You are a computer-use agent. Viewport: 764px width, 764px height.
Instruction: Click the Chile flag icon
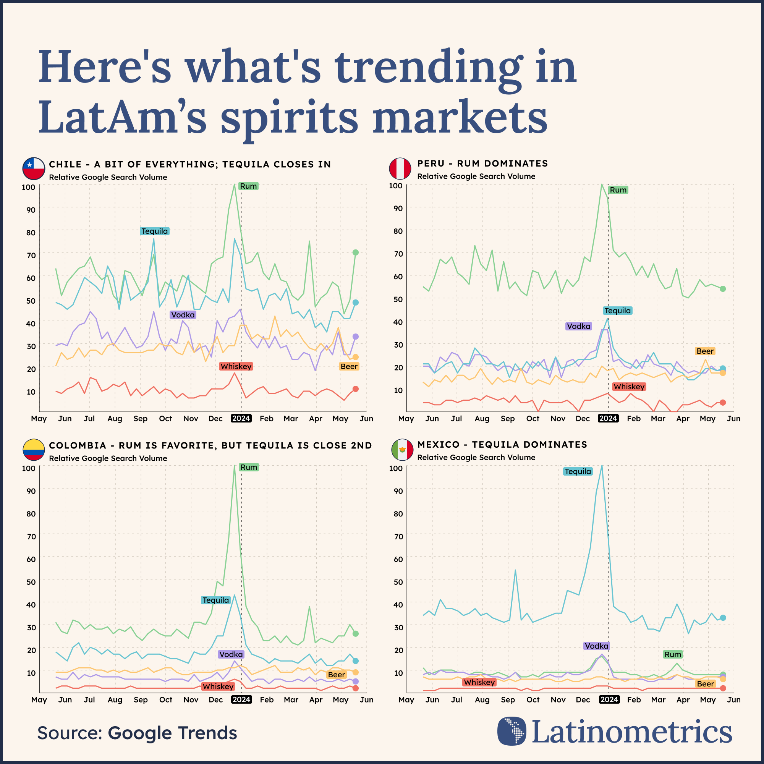tap(34, 168)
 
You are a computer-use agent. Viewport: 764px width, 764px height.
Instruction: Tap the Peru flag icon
tap(400, 168)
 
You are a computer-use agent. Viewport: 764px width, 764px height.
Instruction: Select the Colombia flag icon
tap(34, 450)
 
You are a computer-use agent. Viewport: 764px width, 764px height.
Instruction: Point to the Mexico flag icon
tap(402, 450)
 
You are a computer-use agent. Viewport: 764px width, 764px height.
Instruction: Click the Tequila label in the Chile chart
tap(155, 231)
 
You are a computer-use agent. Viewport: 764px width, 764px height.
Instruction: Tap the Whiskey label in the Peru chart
tap(629, 387)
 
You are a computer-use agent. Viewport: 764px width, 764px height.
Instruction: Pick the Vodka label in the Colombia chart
tap(231, 654)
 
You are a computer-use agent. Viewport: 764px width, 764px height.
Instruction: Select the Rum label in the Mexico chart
tap(673, 654)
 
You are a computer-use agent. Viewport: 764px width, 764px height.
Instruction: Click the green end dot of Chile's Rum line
tap(356, 252)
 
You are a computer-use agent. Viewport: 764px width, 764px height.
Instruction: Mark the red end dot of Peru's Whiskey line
tap(723, 403)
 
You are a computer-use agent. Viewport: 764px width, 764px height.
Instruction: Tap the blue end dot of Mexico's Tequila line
tap(723, 618)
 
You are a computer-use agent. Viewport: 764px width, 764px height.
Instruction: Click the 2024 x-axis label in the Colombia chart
tap(241, 699)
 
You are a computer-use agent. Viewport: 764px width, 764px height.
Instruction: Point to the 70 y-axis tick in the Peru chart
tap(398, 254)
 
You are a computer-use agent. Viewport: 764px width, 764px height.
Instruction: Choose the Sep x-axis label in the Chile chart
tap(140, 418)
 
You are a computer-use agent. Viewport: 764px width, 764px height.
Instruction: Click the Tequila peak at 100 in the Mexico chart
tap(602, 466)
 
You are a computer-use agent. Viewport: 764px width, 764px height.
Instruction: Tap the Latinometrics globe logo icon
tap(512, 731)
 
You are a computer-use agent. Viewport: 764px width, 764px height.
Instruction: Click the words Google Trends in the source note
tap(172, 733)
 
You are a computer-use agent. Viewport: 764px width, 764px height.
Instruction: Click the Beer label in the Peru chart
tap(705, 351)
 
